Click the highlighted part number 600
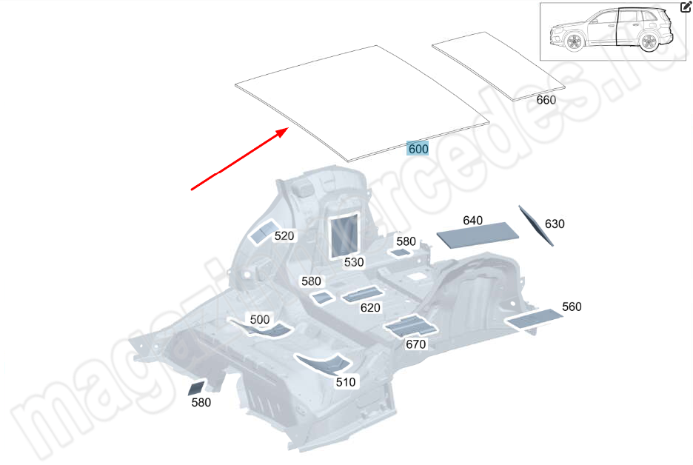(x=418, y=148)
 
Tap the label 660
(x=546, y=100)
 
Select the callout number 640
(x=472, y=220)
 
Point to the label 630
(x=555, y=224)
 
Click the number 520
(x=284, y=236)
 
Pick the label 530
(x=354, y=262)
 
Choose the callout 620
(x=370, y=308)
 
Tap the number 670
(x=416, y=344)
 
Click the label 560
(x=572, y=307)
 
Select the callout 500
(x=260, y=319)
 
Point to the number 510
(x=346, y=382)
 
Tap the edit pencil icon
(x=686, y=8)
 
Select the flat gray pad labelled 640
(x=475, y=235)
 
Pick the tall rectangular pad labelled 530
(x=344, y=233)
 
